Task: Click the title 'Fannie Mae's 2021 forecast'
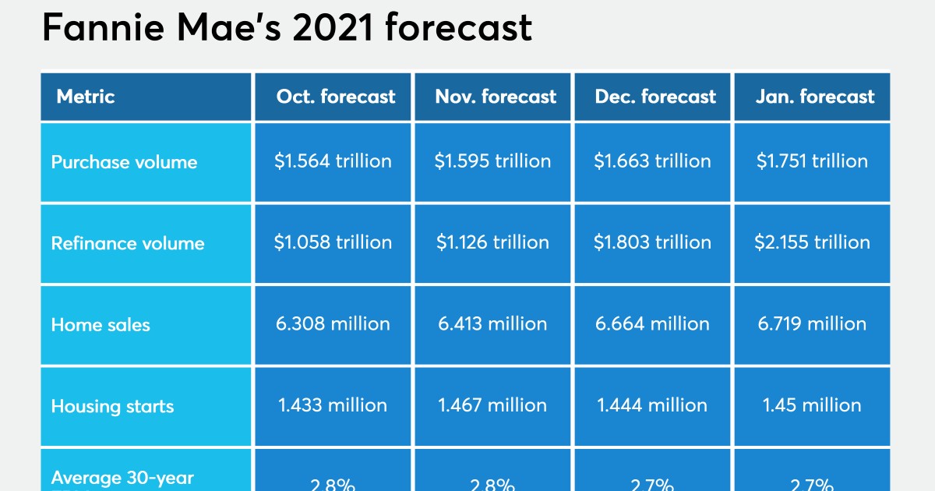(287, 29)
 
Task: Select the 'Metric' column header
(86, 97)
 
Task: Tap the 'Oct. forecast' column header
(336, 97)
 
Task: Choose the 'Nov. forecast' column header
(496, 97)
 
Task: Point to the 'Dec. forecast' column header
(655, 97)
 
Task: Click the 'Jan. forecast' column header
(815, 97)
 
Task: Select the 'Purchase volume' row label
(124, 162)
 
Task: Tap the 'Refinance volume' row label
(128, 243)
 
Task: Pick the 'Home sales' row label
(101, 324)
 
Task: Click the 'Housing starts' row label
(112, 406)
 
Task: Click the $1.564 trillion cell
(333, 161)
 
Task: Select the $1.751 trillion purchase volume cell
(812, 161)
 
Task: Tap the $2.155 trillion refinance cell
(812, 242)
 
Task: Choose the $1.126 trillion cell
(492, 242)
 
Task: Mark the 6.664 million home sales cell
(652, 323)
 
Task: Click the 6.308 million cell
(333, 323)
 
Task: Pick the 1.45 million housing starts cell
(812, 405)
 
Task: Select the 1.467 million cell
(492, 405)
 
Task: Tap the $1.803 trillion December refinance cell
(652, 242)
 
